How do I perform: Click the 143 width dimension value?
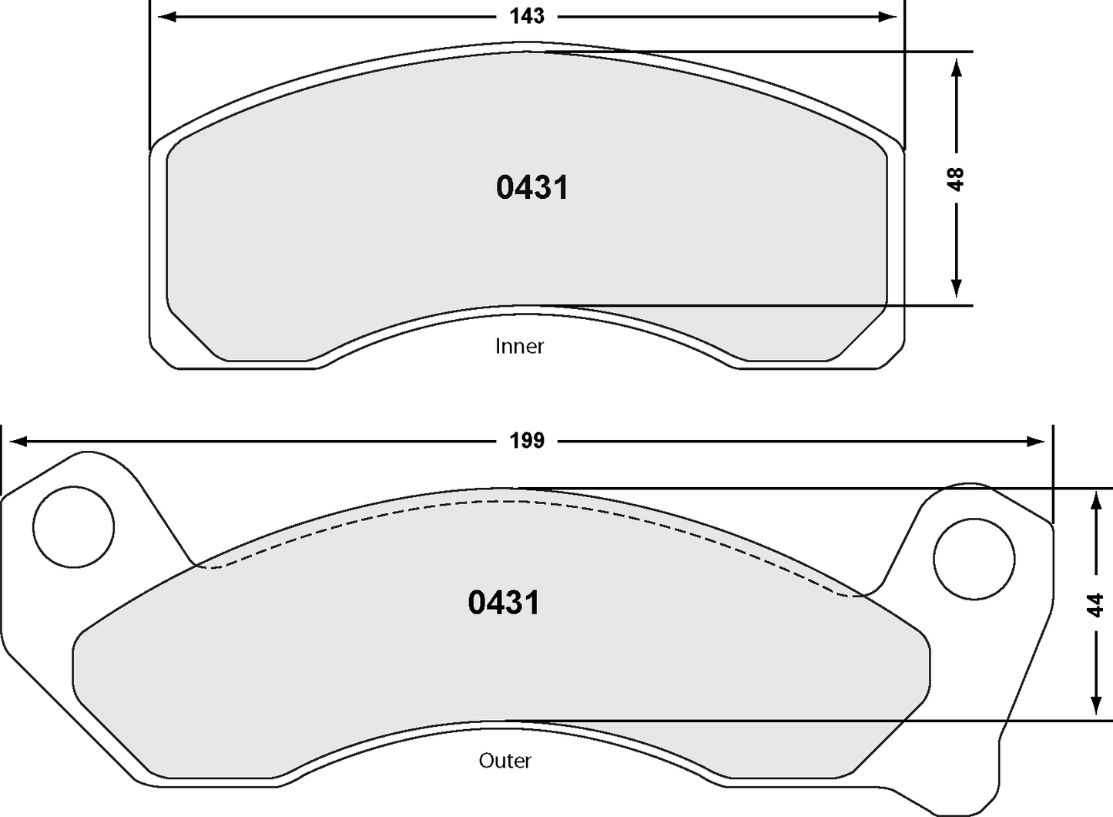(527, 16)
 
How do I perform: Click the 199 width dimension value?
(527, 441)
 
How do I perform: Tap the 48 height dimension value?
(955, 179)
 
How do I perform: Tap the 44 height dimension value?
(1095, 605)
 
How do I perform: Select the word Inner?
(519, 346)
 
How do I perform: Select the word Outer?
(505, 761)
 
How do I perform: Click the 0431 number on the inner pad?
(531, 188)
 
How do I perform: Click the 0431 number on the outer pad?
(504, 603)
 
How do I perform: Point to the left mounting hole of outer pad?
(73, 528)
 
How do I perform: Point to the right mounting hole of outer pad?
(974, 559)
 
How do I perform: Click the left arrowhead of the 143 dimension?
(166, 16)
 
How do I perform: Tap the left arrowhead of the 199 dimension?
(17, 442)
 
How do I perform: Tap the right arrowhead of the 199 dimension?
(1037, 442)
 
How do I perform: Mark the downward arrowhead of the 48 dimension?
(956, 287)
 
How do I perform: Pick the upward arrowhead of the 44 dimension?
(1095, 503)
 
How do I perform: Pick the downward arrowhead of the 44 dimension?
(1095, 704)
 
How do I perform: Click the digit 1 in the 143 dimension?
(514, 16)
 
